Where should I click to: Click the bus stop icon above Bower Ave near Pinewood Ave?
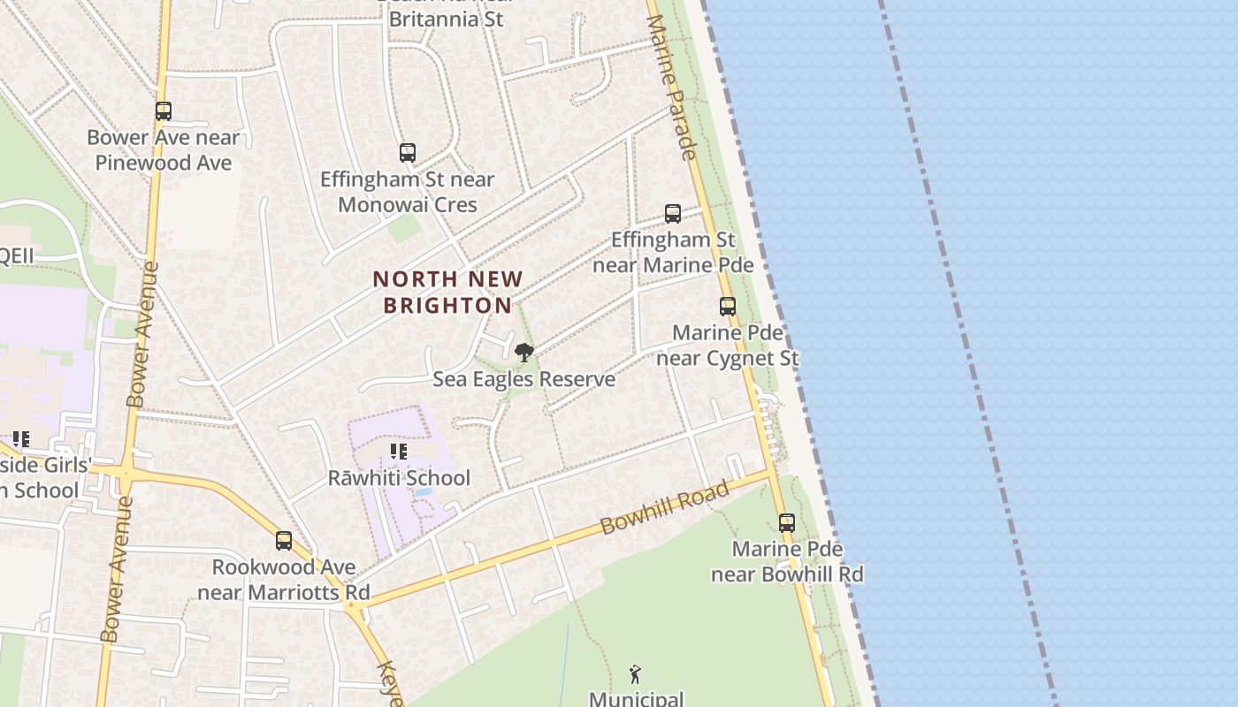(164, 111)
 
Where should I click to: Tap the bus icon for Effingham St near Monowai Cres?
(408, 153)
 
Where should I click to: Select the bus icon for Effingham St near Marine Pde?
(673, 214)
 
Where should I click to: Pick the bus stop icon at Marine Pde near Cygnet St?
(728, 307)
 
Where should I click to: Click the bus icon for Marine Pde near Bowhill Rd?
(787, 522)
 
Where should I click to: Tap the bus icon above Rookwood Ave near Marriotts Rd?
(284, 540)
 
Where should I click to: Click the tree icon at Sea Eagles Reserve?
(523, 353)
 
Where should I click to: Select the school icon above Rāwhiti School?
(399, 452)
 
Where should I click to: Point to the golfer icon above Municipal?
(635, 675)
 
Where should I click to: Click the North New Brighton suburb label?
(447, 293)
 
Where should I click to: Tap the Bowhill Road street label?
(664, 507)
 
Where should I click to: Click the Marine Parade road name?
(672, 87)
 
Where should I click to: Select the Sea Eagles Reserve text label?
(523, 379)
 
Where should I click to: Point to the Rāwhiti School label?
(399, 478)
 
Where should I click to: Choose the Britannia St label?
(447, 18)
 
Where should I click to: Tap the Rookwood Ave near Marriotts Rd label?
(283, 580)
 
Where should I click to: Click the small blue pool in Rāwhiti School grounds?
(423, 491)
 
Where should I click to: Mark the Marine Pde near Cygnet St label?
(728, 346)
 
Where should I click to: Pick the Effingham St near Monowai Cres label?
(407, 192)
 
